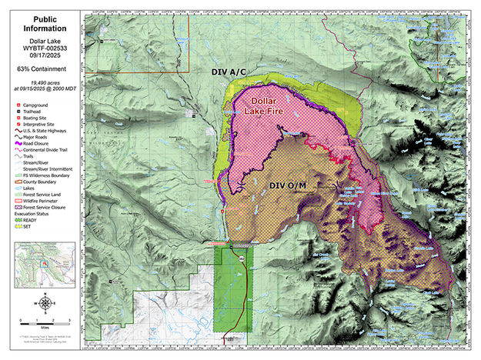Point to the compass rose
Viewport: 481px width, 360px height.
point(45,302)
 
